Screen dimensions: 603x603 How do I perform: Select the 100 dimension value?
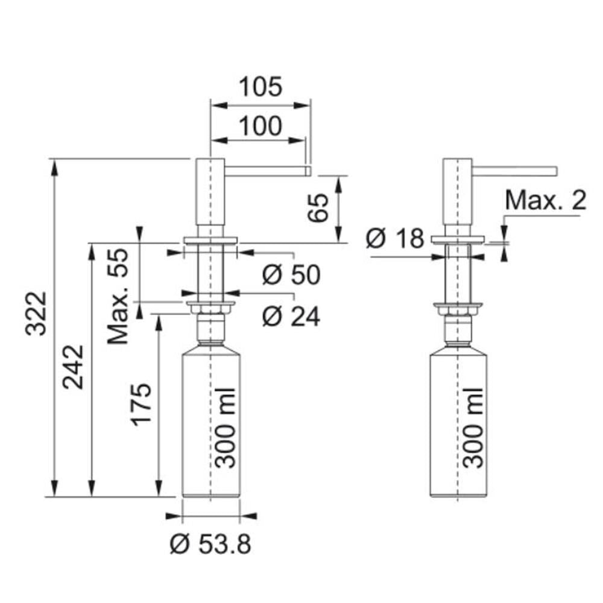[260, 126]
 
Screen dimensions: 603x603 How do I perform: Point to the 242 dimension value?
[73, 367]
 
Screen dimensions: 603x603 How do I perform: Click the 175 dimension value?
[142, 405]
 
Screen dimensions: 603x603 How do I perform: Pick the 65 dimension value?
[318, 207]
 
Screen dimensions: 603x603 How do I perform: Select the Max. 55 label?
[118, 296]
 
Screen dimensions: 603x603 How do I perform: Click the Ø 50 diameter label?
[291, 274]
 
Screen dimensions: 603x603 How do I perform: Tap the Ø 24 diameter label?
[291, 317]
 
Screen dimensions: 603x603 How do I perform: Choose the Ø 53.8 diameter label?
[210, 544]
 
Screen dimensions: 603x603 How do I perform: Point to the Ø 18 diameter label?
[395, 238]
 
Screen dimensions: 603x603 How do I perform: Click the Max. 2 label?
[546, 200]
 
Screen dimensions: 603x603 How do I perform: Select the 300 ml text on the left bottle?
[225, 428]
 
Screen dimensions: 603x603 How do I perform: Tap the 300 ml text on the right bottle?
[473, 428]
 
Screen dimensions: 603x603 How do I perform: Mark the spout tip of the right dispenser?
[556, 171]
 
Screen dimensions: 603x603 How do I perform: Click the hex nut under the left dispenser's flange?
[210, 309]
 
